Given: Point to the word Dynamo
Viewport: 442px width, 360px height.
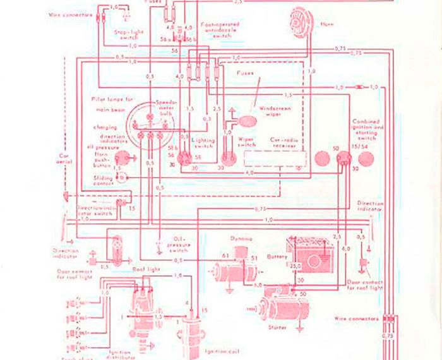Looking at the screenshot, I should click(241, 239).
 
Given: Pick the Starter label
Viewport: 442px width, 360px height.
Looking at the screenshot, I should click(277, 327).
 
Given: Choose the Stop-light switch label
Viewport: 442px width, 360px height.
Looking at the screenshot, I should click(130, 33).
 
